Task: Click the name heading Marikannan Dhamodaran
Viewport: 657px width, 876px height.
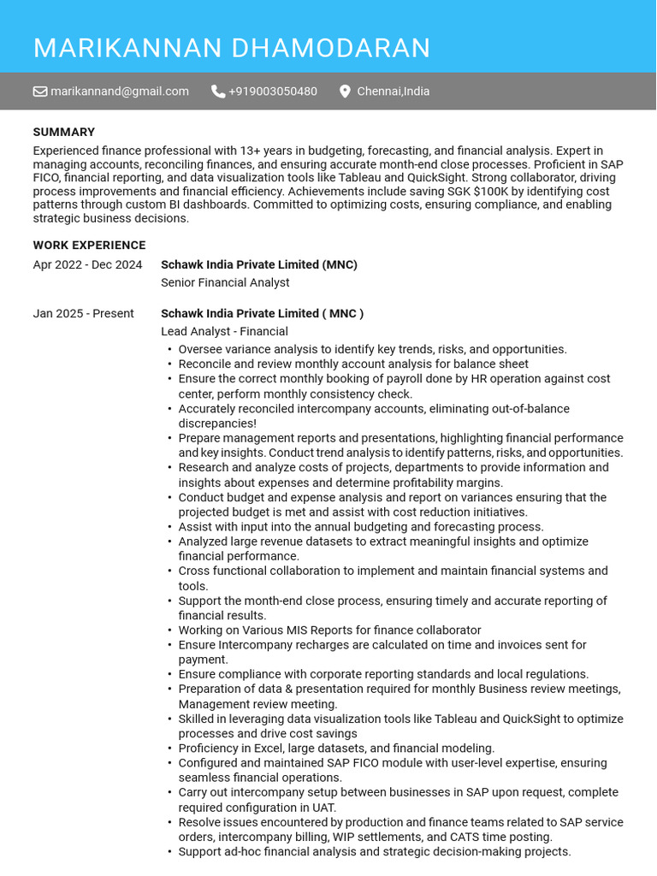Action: (x=232, y=49)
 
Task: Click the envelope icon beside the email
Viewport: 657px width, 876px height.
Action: (x=40, y=92)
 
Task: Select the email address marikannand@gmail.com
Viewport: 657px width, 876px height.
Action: (x=119, y=92)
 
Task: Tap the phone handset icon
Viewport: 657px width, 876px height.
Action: (x=218, y=92)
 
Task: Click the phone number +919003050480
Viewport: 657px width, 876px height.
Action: (x=272, y=92)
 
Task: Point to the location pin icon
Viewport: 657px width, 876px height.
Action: (x=345, y=92)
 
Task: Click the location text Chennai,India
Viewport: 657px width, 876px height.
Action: (x=393, y=92)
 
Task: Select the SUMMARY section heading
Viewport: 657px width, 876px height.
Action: (x=64, y=132)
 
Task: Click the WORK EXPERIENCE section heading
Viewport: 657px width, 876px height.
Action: (x=89, y=246)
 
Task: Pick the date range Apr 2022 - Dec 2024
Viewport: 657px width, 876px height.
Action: (x=87, y=265)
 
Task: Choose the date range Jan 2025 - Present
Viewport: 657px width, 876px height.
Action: (x=83, y=314)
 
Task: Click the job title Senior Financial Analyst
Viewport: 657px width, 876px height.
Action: (x=225, y=283)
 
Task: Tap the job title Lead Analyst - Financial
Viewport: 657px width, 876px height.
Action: (x=224, y=332)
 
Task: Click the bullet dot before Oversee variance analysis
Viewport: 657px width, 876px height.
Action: (x=169, y=350)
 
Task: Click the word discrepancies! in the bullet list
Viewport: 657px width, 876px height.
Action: (x=217, y=423)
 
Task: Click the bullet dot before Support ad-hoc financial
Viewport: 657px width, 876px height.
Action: (x=169, y=852)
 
